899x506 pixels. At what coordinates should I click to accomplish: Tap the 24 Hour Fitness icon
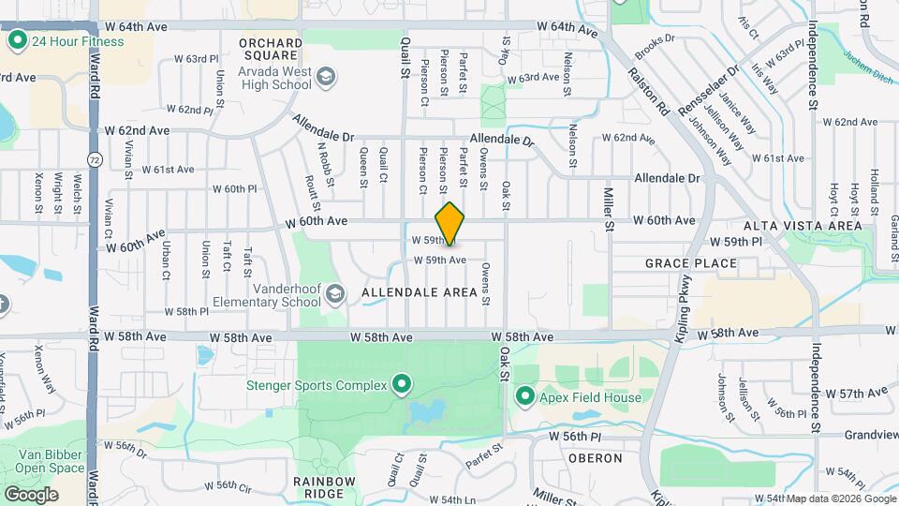(x=17, y=41)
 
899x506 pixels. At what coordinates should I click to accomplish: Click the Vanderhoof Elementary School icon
(x=333, y=296)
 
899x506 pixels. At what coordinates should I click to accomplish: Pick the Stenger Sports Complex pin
(x=402, y=384)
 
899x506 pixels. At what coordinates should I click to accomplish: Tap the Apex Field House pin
(x=524, y=397)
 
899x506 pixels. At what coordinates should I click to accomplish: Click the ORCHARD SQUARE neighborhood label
(x=271, y=43)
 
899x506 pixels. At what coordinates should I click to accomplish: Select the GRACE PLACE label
(x=691, y=263)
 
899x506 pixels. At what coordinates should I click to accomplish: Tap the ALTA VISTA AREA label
(x=802, y=226)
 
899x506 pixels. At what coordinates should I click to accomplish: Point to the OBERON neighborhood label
(x=595, y=458)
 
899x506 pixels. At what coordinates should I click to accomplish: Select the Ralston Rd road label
(x=649, y=91)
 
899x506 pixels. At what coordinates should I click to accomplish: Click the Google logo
(x=31, y=494)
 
